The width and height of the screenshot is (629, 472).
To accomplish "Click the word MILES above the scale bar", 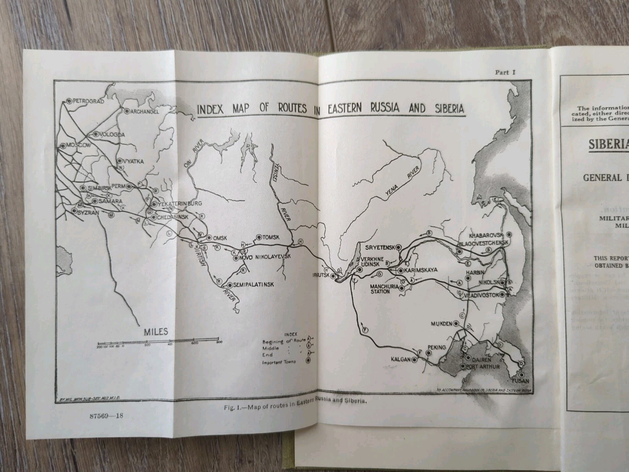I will (156, 332).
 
